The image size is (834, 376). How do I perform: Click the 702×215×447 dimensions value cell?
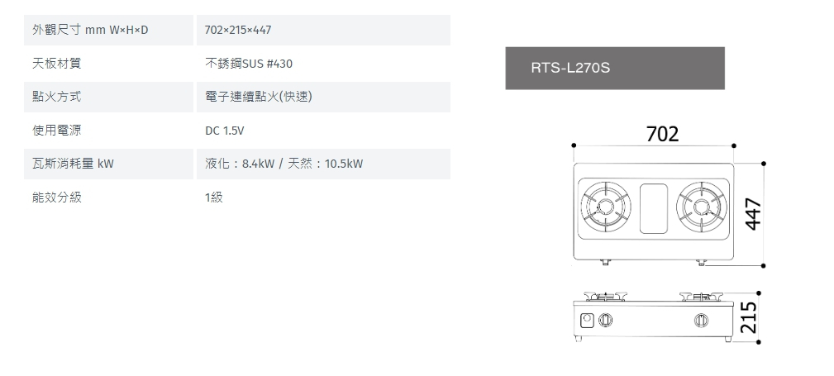238,30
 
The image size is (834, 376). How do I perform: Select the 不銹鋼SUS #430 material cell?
249,64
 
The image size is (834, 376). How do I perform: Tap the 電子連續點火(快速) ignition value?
259,97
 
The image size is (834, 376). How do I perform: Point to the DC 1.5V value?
225,131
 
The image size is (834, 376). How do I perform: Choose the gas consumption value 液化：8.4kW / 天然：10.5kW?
284,164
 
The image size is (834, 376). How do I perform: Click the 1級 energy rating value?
214,198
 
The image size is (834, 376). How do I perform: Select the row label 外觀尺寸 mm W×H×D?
90,30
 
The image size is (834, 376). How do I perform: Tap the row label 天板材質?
56,64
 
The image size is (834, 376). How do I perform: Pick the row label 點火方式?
56,97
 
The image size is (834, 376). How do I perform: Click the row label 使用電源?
56,131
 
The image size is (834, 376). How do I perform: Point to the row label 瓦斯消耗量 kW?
73,164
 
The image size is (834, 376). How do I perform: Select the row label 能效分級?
56,198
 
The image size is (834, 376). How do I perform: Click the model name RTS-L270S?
570,68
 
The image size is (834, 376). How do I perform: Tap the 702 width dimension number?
662,134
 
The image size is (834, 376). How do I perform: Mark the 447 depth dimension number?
753,214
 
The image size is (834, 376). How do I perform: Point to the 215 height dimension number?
748,317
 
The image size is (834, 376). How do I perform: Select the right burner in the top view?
700,207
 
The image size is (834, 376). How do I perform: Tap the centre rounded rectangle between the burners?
653,208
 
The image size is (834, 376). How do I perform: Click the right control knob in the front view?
701,320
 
